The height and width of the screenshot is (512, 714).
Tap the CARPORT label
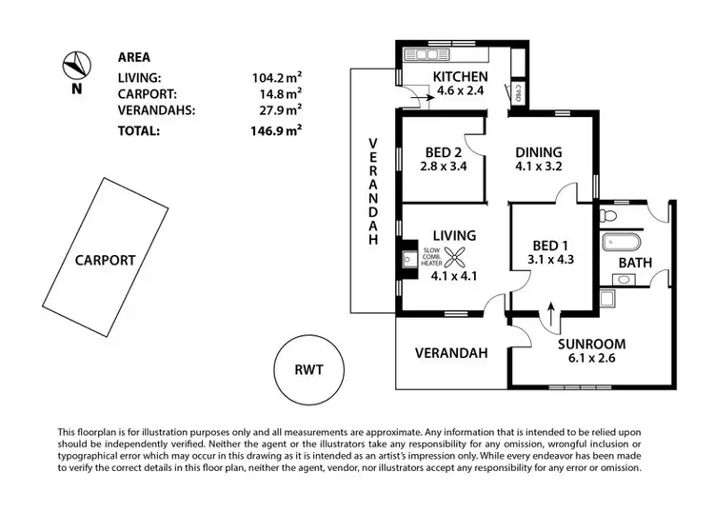[x=104, y=259]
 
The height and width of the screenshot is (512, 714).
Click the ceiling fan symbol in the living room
[x=456, y=255]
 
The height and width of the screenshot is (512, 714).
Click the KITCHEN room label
[x=460, y=77]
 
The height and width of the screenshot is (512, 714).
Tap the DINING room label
[x=538, y=151]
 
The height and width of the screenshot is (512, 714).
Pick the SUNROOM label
[x=591, y=344]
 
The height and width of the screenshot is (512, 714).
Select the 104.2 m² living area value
[x=275, y=78]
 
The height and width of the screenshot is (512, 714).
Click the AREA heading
[x=134, y=56]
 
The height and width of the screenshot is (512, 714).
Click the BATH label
[x=635, y=262]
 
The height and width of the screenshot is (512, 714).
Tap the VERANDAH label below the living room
[x=451, y=352]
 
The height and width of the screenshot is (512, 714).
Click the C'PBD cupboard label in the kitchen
[x=519, y=92]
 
